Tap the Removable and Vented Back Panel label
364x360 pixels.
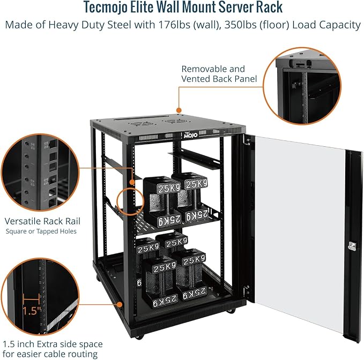[213, 74]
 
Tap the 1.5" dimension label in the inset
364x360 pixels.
[32, 310]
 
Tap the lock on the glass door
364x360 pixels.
[352, 246]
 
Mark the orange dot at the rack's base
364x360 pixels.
[124, 304]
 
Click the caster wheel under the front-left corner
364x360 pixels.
[139, 335]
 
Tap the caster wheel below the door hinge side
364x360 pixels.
[230, 310]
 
